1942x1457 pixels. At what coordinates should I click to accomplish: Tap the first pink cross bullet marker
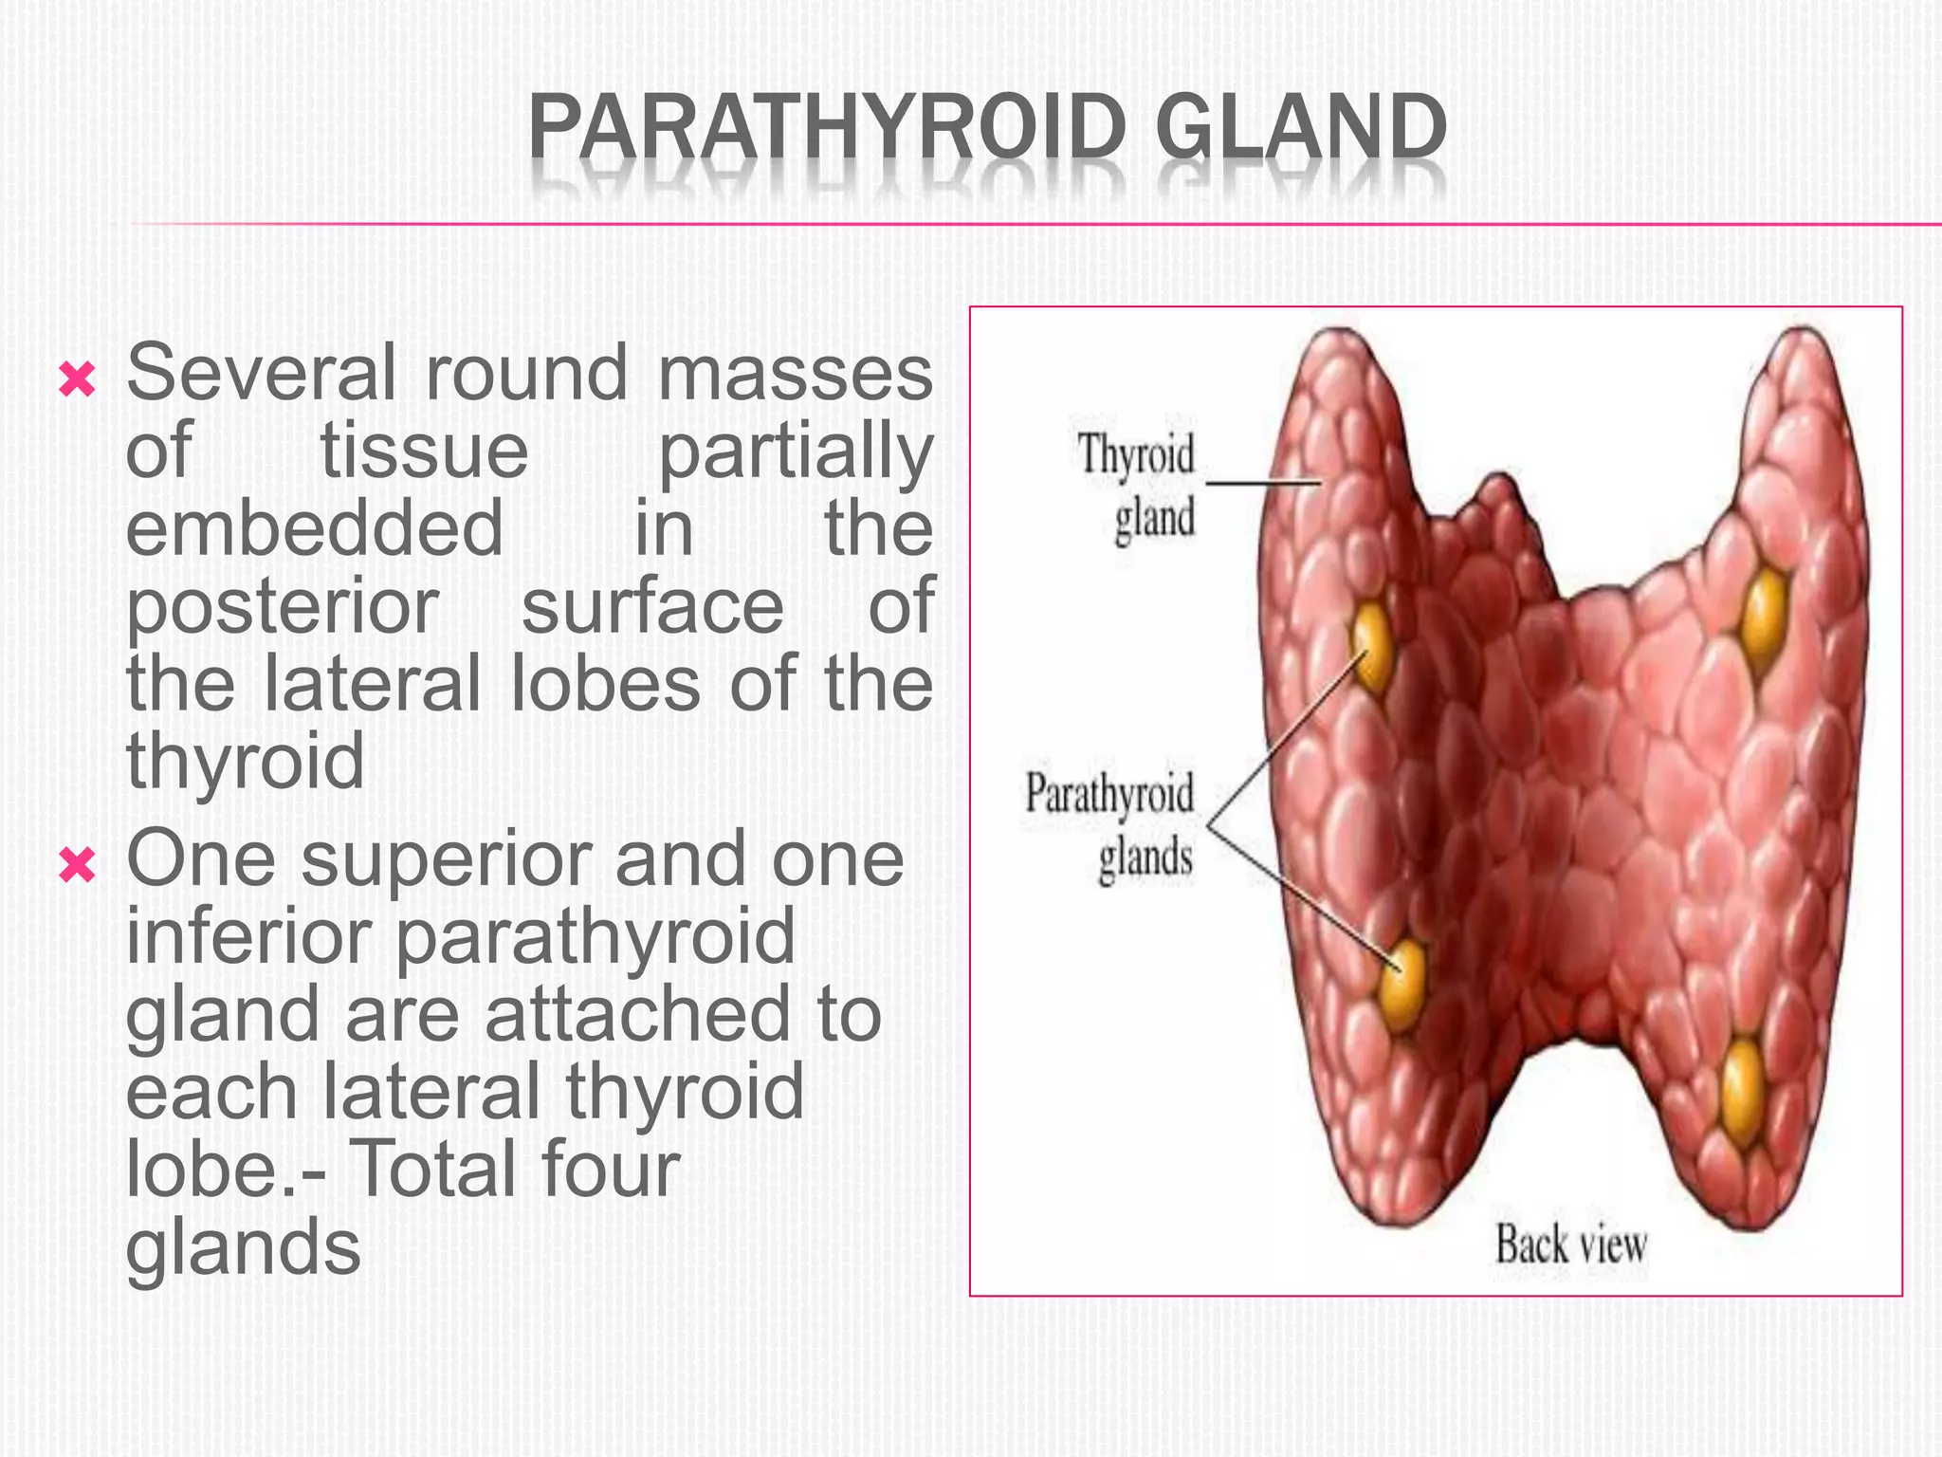pyautogui.click(x=77, y=379)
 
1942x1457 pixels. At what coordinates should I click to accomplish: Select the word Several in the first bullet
pyautogui.click(x=261, y=373)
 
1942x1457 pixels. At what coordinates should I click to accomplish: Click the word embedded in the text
pyautogui.click(x=314, y=528)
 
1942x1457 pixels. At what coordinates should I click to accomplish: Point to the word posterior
pyautogui.click(x=283, y=607)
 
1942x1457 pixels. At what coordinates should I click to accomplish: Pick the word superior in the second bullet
pyautogui.click(x=444, y=859)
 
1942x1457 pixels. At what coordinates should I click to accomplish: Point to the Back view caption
pyautogui.click(x=1570, y=1245)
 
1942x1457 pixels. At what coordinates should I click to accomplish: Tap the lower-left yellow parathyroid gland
pyautogui.click(x=1402, y=985)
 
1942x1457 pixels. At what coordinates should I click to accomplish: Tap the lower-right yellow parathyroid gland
pyautogui.click(x=1743, y=1089)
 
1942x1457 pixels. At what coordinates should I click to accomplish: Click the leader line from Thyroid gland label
pyautogui.click(x=1261, y=483)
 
